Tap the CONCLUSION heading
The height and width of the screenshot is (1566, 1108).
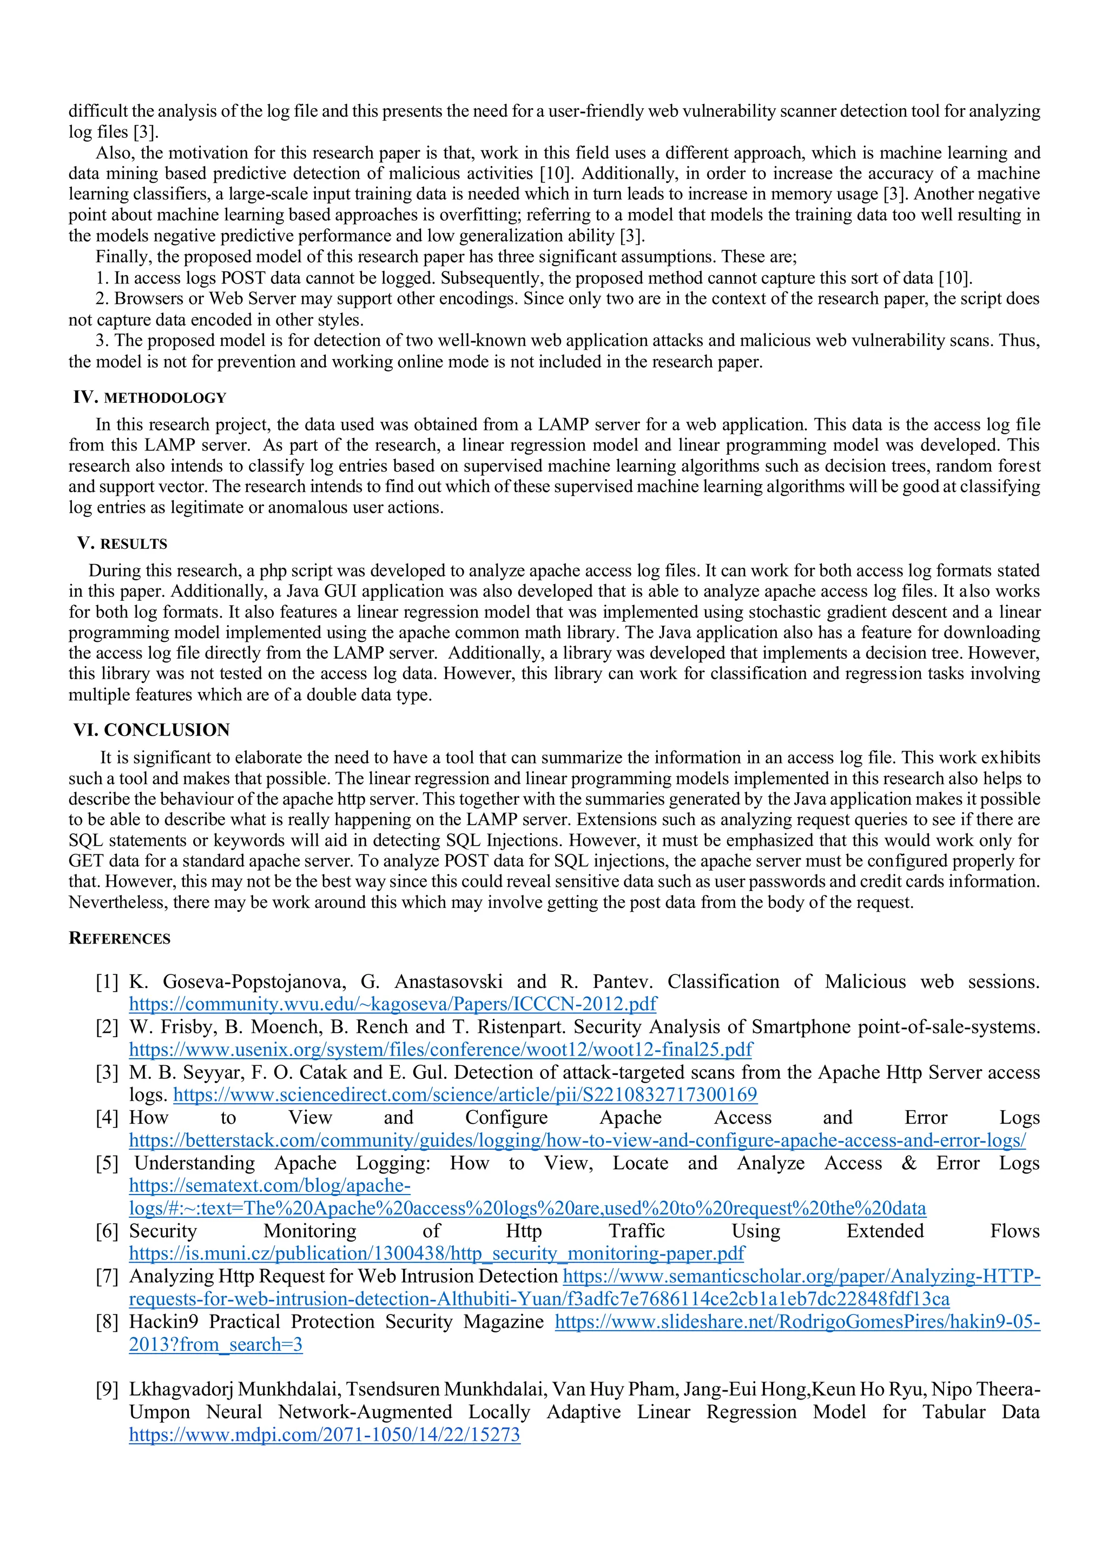click(x=167, y=730)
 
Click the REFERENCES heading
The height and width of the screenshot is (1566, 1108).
click(x=120, y=939)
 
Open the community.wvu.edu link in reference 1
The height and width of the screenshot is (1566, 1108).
click(x=392, y=1004)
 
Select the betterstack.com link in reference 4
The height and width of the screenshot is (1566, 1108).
click(x=577, y=1140)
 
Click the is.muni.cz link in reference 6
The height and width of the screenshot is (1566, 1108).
click(x=437, y=1253)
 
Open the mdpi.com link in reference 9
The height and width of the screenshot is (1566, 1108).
click(x=324, y=1435)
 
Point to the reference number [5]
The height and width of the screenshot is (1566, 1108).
click(x=107, y=1164)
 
